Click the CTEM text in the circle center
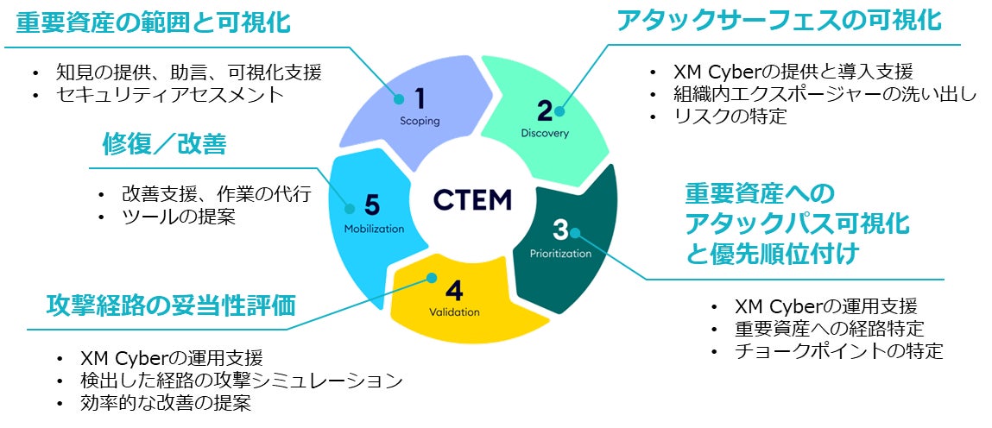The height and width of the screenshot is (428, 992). [472, 199]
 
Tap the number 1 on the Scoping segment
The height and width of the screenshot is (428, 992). [420, 97]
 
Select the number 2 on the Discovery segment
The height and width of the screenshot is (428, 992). [545, 110]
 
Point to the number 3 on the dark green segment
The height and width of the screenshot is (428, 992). [560, 230]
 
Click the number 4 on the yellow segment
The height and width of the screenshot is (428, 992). [454, 287]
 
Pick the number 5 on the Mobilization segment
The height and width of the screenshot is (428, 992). [372, 205]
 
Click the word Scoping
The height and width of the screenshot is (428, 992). [420, 121]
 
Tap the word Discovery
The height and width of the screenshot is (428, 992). [545, 133]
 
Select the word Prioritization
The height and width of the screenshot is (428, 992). [560, 254]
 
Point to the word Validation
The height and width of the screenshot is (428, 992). [454, 312]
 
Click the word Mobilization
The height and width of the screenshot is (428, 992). [374, 230]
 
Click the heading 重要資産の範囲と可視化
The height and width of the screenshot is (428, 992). [154, 22]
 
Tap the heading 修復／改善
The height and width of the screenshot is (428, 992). [164, 144]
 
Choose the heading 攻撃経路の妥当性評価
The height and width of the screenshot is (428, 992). [171, 305]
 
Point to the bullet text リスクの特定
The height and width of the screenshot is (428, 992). [730, 116]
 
